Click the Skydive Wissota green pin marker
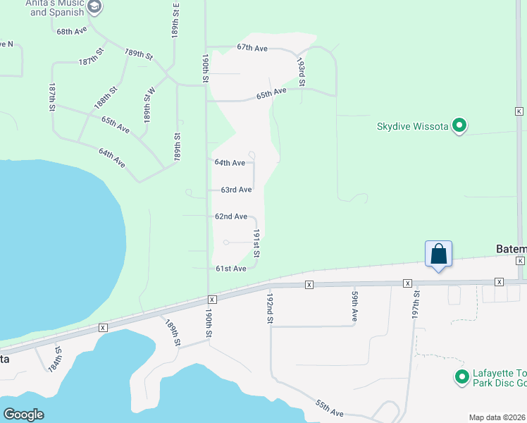pyautogui.click(x=460, y=126)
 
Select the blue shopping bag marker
pyautogui.click(x=438, y=255)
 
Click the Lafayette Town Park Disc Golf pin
pyautogui.click(x=462, y=378)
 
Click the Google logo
pyautogui.click(x=24, y=415)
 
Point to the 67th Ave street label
pyautogui.click(x=252, y=47)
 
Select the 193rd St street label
pyautogui.click(x=301, y=73)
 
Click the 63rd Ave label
pyautogui.click(x=236, y=190)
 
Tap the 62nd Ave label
pyautogui.click(x=231, y=216)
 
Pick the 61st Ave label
pyautogui.click(x=230, y=269)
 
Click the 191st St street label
pyautogui.click(x=257, y=243)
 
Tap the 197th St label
pyautogui.click(x=416, y=304)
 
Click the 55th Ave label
pyautogui.click(x=329, y=407)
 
